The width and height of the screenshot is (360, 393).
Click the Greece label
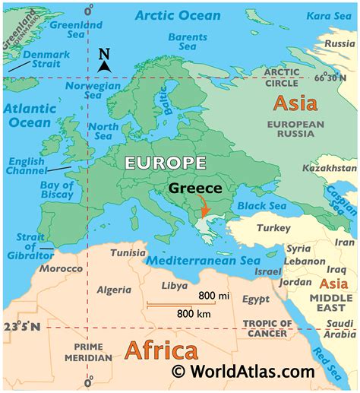195,188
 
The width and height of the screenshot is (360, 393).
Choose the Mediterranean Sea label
203,261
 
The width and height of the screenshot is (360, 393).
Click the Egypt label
257,300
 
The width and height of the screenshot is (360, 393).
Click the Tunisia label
127,253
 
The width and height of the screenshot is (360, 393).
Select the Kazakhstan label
329,167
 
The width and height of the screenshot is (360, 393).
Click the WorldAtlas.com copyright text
242,372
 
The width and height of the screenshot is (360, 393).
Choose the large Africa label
161,350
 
